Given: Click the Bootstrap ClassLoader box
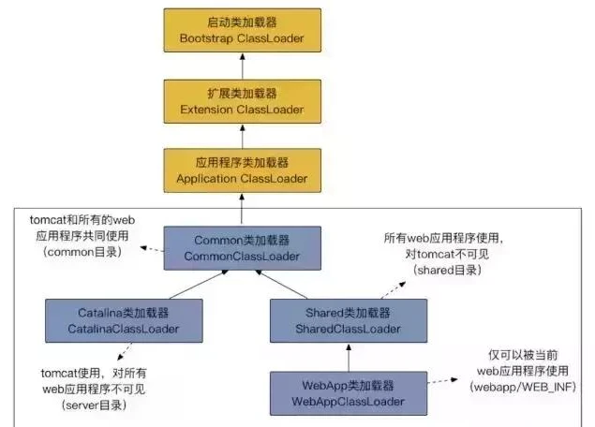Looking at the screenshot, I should coord(243,30).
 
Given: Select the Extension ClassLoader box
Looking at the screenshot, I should coord(243,100).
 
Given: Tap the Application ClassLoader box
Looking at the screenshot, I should coord(243,169).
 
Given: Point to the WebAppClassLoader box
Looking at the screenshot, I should coord(348,393).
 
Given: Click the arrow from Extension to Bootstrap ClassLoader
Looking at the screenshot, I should coord(243,66).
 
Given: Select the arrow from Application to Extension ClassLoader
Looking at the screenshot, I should coord(243,135).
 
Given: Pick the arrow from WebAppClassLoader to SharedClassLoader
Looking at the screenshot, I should coord(348,358).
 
